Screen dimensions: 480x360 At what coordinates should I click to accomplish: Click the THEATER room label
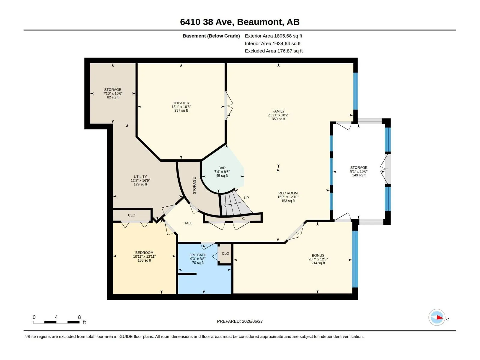(x=181, y=103)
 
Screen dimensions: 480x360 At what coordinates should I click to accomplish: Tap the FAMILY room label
(x=278, y=111)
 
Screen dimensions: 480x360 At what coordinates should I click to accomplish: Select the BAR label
(x=222, y=168)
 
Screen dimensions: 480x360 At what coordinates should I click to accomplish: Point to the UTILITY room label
(x=140, y=177)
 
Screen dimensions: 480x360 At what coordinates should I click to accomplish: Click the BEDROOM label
(x=144, y=253)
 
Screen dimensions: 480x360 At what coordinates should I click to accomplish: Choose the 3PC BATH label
(x=198, y=255)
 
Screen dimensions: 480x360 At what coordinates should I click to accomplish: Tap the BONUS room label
(x=318, y=256)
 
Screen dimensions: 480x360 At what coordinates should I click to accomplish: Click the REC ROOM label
(x=288, y=193)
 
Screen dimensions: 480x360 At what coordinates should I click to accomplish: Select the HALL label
(x=188, y=223)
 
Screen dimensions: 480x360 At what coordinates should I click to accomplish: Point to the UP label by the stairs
(x=247, y=198)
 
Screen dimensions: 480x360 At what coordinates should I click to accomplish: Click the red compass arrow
(x=439, y=318)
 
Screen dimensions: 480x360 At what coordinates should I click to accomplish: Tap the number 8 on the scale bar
(x=79, y=317)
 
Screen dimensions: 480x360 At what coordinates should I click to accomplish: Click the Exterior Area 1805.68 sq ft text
(x=274, y=36)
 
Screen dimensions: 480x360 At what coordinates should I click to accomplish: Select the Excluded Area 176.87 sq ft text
(x=274, y=51)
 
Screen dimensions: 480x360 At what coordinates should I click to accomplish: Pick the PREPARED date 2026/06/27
(x=252, y=321)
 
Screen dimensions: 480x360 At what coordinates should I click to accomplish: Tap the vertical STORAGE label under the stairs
(x=194, y=186)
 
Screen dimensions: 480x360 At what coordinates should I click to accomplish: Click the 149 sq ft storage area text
(x=359, y=175)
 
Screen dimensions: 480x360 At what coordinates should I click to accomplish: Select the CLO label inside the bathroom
(x=226, y=253)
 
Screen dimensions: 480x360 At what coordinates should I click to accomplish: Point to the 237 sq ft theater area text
(x=181, y=111)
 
